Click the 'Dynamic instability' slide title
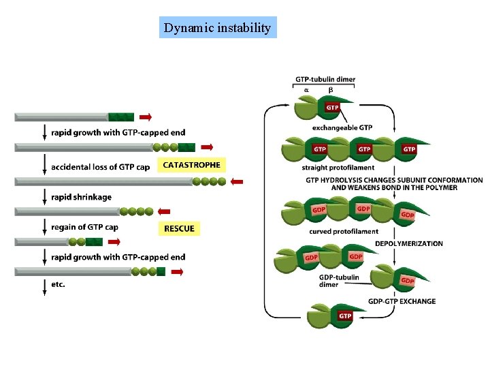tap(218, 28)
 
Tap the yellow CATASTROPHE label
tap(191, 165)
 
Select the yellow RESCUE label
tap(179, 228)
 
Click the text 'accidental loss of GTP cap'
tap(100, 166)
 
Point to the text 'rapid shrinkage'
tap(81, 197)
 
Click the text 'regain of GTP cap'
tap(84, 227)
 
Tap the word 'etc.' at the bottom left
tap(59, 284)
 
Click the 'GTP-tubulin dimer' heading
tap(325, 80)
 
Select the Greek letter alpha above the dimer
tap(306, 90)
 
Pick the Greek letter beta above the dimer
tap(331, 90)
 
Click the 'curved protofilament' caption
tap(344, 231)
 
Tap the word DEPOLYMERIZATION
tap(408, 243)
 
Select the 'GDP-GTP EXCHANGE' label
tap(402, 301)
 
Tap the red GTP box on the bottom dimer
tap(345, 316)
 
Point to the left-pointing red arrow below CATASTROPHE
tap(237, 181)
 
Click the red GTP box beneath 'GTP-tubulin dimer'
tap(332, 107)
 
